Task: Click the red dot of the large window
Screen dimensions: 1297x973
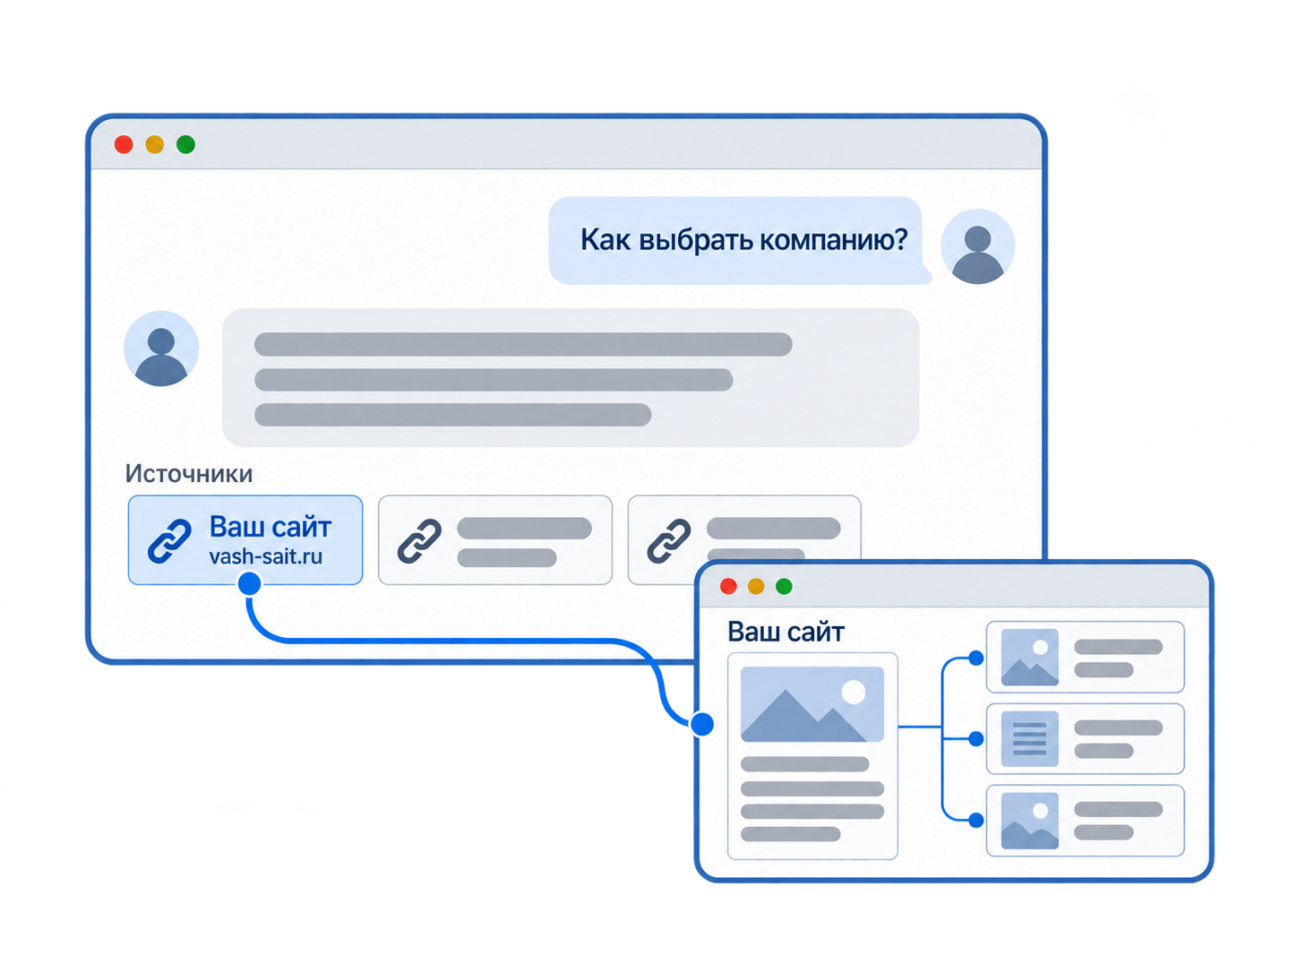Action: (124, 145)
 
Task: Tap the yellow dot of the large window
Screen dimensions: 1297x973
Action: (155, 145)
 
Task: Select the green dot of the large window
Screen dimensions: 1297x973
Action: (185, 145)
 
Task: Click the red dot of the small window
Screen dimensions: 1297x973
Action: (728, 587)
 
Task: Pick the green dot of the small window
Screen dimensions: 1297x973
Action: (784, 587)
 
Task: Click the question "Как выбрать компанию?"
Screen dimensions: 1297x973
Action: (743, 240)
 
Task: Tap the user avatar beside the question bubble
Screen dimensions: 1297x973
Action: (978, 246)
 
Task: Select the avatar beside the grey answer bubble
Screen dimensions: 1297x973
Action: (161, 349)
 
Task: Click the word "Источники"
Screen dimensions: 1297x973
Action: (189, 474)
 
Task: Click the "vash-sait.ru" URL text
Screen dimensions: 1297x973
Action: (266, 556)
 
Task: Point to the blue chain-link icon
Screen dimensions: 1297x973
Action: (169, 541)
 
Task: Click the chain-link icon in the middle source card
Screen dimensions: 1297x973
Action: (419, 541)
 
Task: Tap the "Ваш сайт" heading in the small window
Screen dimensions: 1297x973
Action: (786, 633)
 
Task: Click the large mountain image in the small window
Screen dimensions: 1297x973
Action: (812, 704)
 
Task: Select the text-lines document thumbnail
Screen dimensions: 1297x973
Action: (1030, 739)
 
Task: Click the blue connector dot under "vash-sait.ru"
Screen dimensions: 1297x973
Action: (249, 583)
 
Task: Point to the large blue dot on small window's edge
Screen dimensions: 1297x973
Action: (702, 724)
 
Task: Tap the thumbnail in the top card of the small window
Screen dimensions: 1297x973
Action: (1030, 658)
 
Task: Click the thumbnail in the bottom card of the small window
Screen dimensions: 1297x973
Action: (1030, 822)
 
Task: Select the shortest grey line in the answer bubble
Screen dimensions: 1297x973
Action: (452, 416)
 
